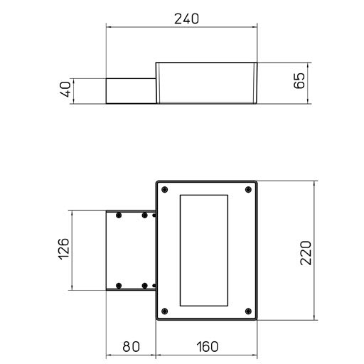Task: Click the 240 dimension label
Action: coord(186,18)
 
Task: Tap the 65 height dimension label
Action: coord(299,81)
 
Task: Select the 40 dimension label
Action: coord(65,89)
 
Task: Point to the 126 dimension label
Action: coord(64,249)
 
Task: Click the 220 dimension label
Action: coord(306,252)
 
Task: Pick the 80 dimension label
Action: coord(131,347)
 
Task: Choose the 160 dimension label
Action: coord(208,347)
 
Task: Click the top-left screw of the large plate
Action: coord(164,190)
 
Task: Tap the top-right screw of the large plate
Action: coord(248,190)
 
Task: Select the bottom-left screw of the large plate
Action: coord(164,311)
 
